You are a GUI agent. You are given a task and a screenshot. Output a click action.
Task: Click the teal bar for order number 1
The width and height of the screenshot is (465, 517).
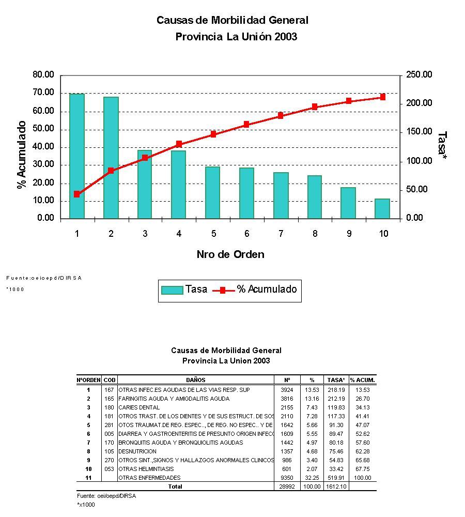point(77,156)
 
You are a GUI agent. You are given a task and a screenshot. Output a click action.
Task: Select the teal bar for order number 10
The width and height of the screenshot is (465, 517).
point(382,208)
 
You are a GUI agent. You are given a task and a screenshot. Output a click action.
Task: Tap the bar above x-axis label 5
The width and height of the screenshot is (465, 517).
point(212,192)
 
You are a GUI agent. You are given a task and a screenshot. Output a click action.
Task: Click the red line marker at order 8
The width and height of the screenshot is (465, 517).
point(315,107)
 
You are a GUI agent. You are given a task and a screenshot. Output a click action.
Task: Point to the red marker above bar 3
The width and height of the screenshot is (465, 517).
point(145,157)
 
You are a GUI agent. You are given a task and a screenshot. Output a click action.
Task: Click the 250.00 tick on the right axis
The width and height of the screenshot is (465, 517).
point(419,75)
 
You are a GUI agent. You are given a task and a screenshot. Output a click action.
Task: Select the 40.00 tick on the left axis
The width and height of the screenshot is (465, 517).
point(43,147)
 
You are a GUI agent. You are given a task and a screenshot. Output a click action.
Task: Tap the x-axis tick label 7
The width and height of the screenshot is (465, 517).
point(281,234)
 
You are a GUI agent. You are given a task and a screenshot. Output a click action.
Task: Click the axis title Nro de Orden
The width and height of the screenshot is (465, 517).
point(230,254)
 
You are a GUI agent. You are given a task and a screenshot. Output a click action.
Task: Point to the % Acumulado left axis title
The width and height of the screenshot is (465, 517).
point(22,155)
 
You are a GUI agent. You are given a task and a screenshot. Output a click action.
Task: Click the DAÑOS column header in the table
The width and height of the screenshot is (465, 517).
point(196,380)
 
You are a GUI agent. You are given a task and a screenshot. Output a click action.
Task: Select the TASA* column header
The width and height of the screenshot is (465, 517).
point(336,380)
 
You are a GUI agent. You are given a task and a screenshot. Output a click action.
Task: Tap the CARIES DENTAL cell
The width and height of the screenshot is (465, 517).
point(139,407)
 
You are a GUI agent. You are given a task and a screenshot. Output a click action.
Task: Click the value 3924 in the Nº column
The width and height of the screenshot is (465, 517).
point(287,390)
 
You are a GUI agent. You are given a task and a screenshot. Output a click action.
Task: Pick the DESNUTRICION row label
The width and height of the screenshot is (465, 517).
point(137,451)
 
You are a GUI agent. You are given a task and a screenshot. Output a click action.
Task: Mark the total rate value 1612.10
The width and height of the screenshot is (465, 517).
point(336,486)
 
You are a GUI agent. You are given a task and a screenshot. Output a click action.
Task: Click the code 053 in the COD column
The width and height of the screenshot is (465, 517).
point(109,469)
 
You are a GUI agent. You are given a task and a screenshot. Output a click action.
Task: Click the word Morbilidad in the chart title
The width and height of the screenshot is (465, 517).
point(234,20)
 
